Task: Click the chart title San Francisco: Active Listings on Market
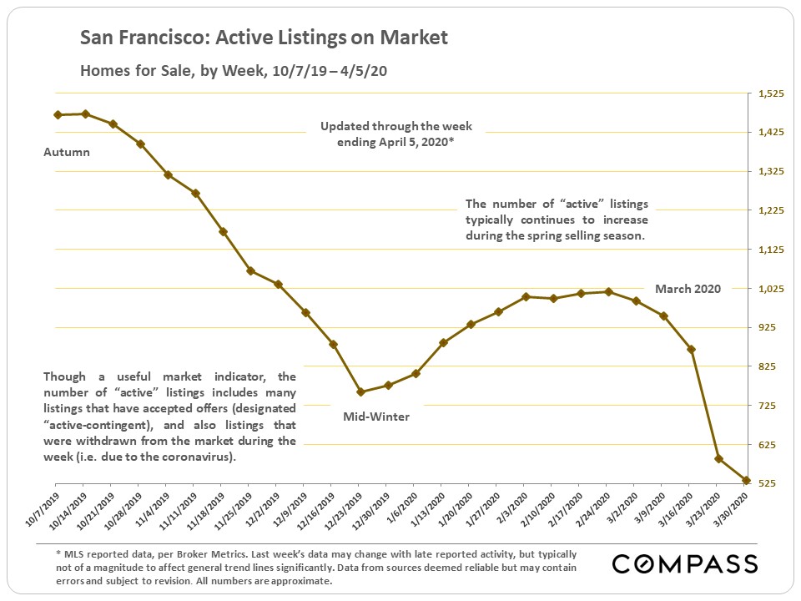tap(264, 38)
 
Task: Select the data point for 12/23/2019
tap(360, 391)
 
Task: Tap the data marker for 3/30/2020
tap(745, 481)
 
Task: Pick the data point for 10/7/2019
tap(57, 114)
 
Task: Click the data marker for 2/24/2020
tap(608, 291)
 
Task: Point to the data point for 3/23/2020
tap(718, 458)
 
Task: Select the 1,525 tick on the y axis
tap(770, 93)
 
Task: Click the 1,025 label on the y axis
tap(770, 289)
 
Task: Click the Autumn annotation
tap(67, 153)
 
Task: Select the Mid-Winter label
tap(377, 416)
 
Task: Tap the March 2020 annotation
tap(687, 289)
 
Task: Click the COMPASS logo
tap(685, 564)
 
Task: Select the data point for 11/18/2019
tap(222, 231)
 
